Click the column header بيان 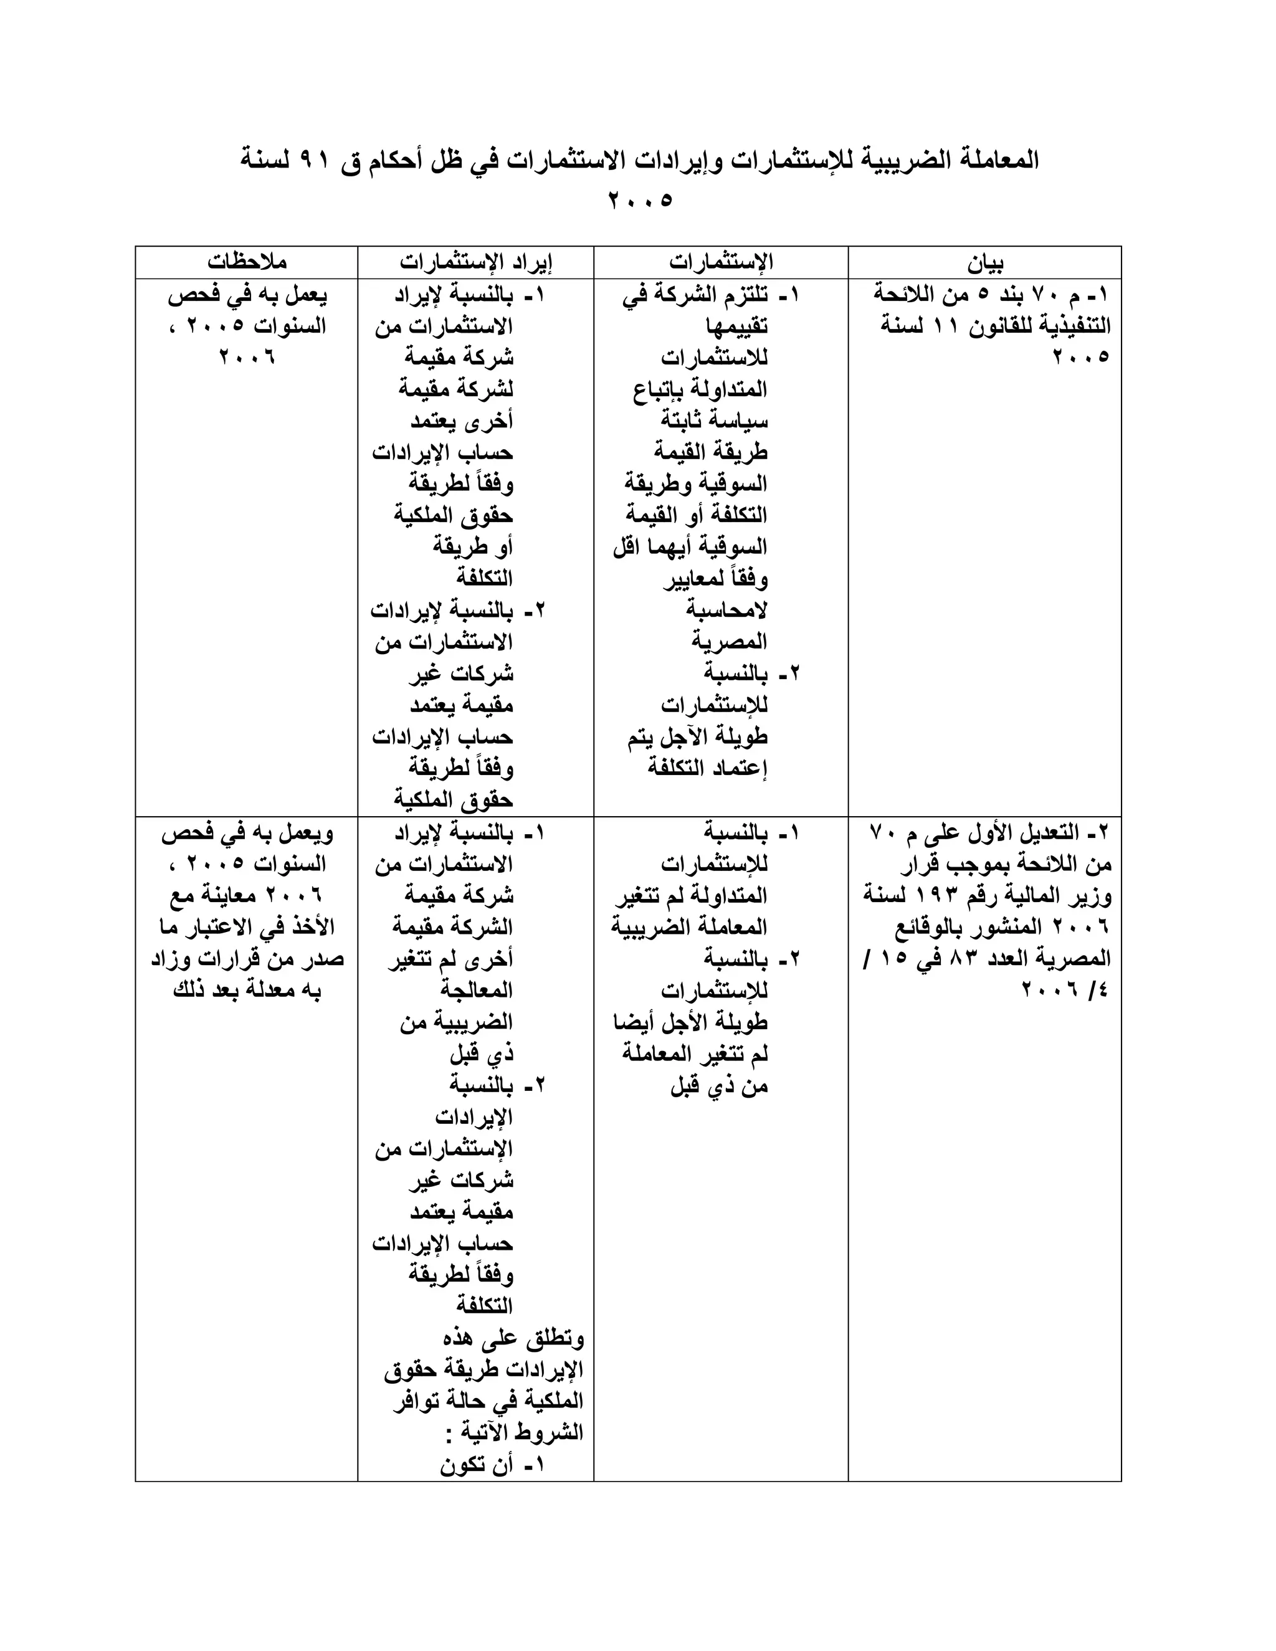[985, 263]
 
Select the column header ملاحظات [247, 262]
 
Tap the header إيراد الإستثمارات [476, 262]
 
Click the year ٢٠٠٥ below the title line [639, 201]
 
